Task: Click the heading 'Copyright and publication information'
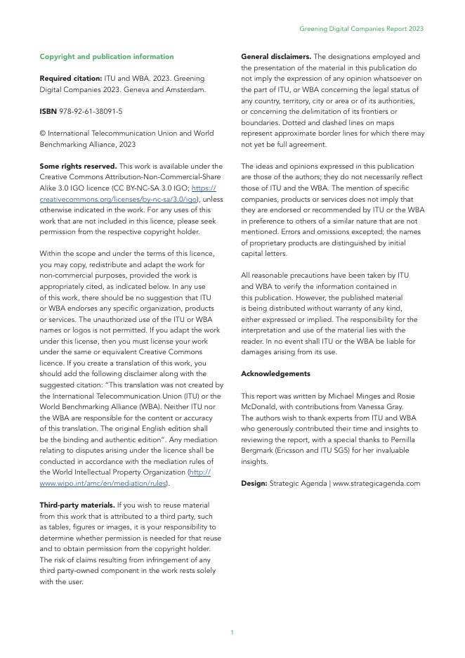pyautogui.click(x=107, y=56)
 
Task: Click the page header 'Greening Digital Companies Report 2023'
pyautogui.click(x=361, y=29)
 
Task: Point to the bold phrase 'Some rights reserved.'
pyautogui.click(x=78, y=167)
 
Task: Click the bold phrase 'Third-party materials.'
pyautogui.click(x=77, y=505)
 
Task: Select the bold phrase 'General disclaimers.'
pyautogui.click(x=276, y=56)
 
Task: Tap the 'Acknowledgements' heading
pyautogui.click(x=275, y=373)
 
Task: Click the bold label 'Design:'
pyautogui.click(x=253, y=483)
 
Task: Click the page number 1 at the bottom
pyautogui.click(x=232, y=633)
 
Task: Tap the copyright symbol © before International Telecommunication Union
pyautogui.click(x=42, y=134)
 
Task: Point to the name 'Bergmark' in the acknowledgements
pyautogui.click(x=257, y=451)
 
